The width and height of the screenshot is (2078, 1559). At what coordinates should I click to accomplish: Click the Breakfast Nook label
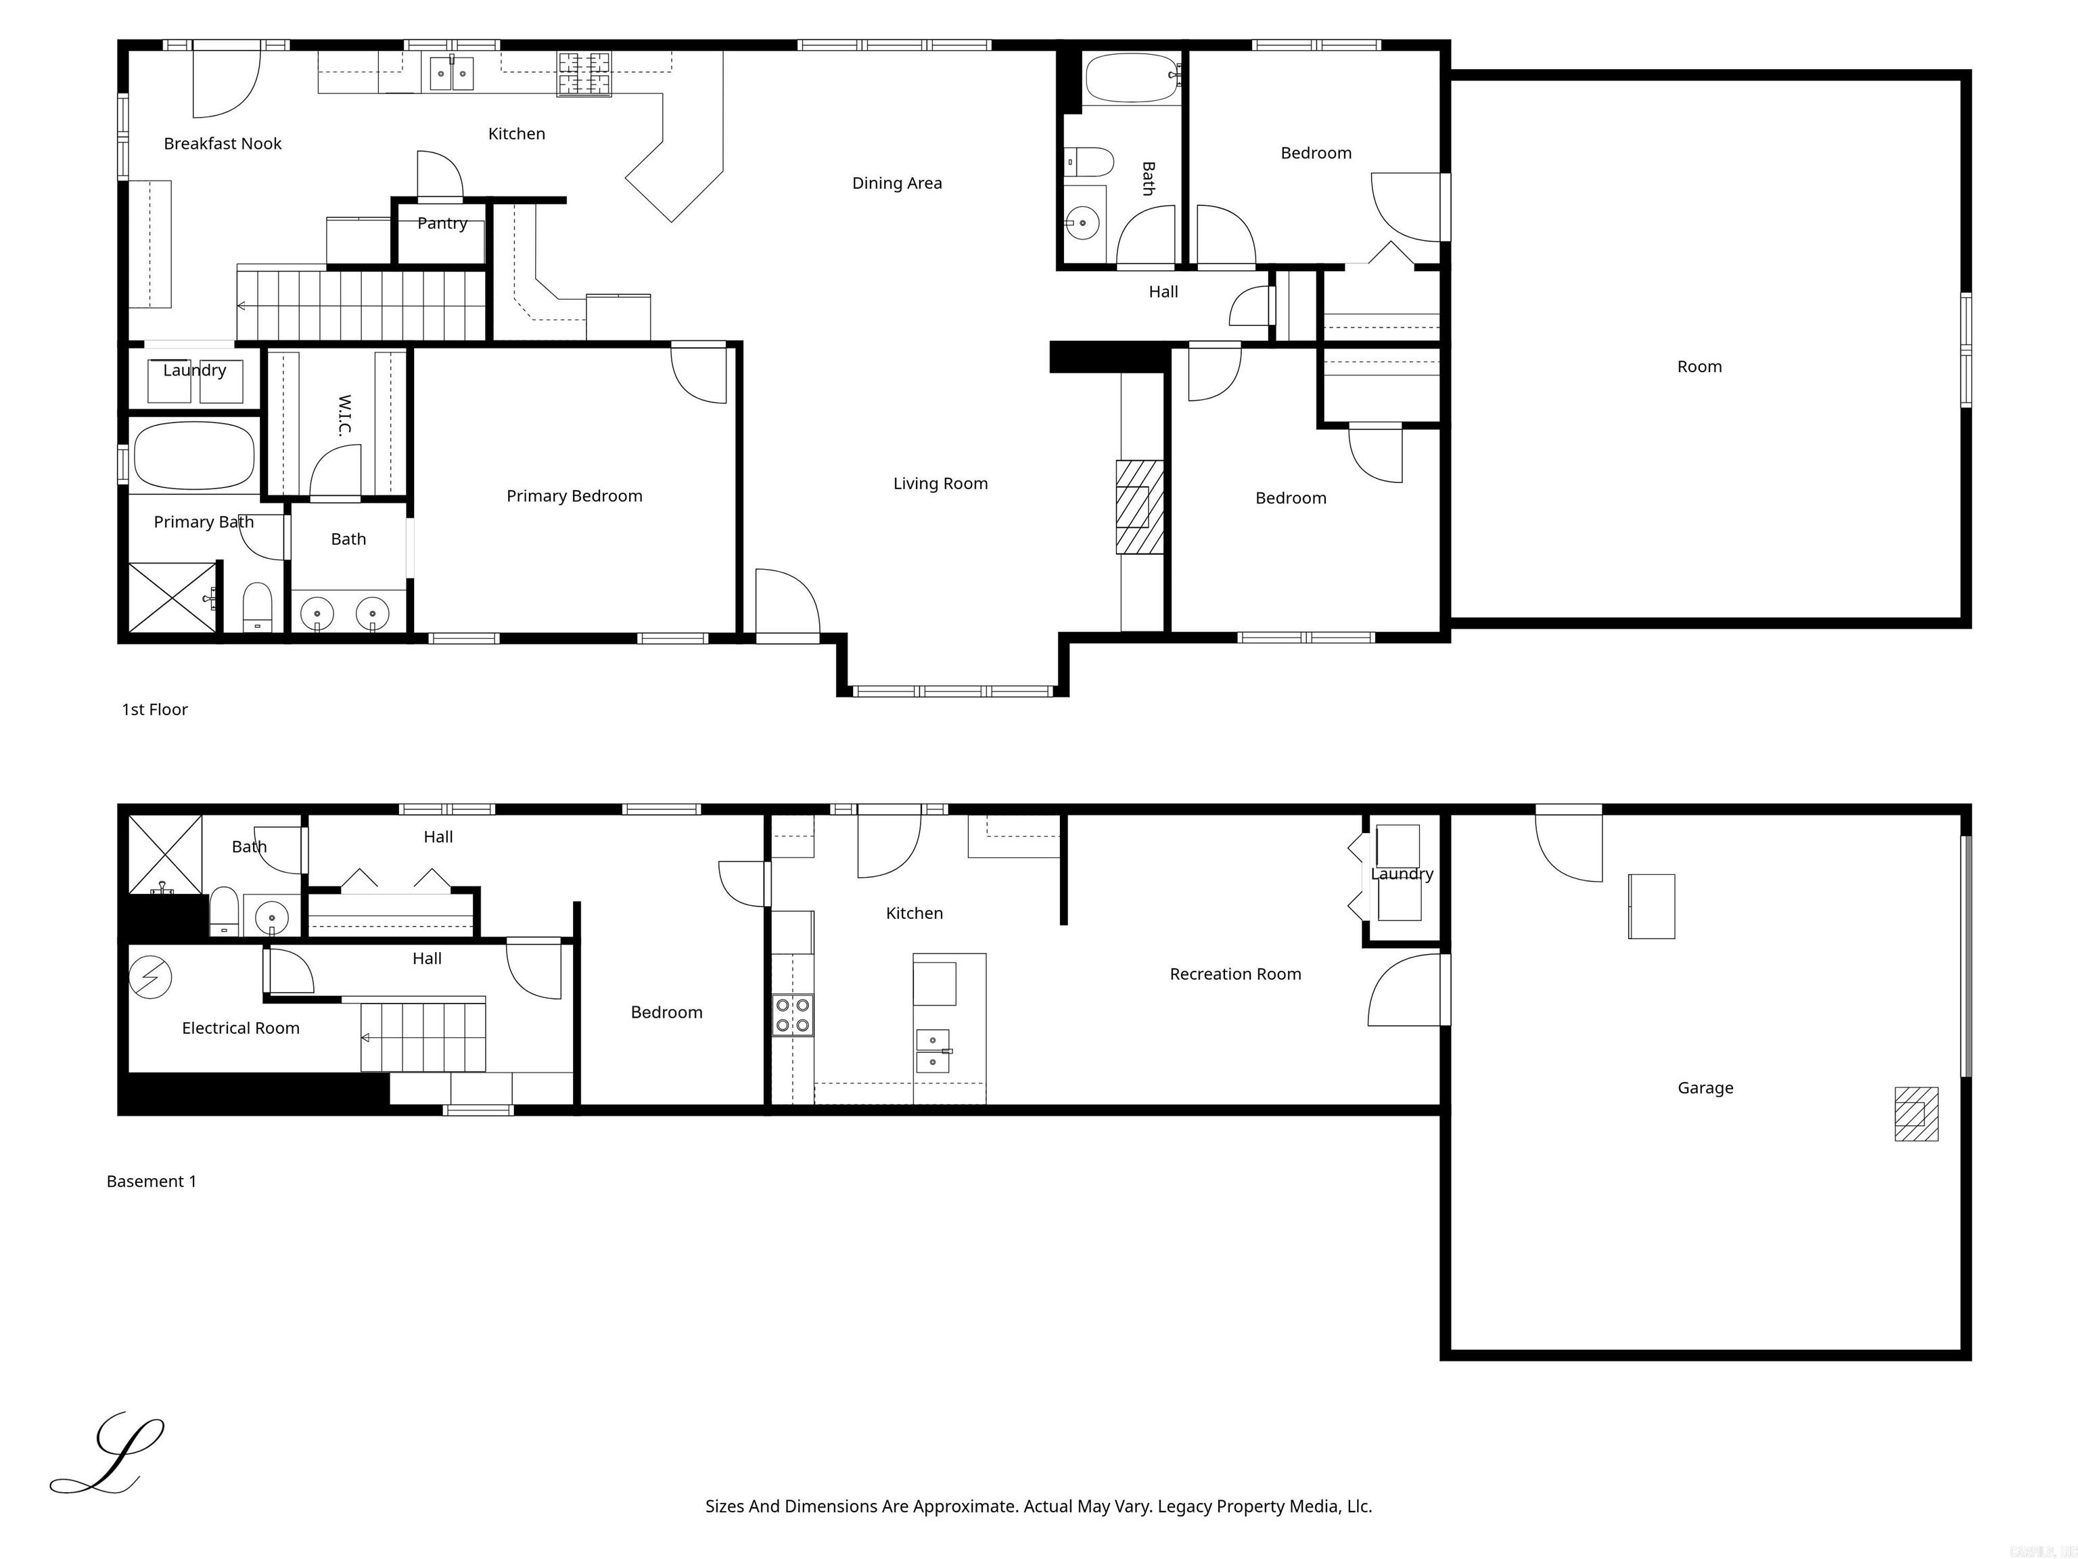(223, 143)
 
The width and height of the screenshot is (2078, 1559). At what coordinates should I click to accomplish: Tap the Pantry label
(442, 224)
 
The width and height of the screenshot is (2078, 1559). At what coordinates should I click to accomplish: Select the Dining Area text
(896, 183)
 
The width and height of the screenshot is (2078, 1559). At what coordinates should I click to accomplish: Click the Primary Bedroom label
(574, 496)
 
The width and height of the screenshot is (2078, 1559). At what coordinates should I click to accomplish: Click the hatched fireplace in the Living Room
(1138, 507)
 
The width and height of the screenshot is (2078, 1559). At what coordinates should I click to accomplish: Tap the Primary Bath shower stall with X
(172, 597)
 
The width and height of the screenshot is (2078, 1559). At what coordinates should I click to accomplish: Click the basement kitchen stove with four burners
(793, 1015)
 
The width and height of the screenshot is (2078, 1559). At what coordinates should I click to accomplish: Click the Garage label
(1705, 1088)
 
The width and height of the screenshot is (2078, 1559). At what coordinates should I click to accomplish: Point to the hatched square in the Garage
(1916, 1114)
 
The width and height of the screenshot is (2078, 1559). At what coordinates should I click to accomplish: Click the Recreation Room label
(1234, 974)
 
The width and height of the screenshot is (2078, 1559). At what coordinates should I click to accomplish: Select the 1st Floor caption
(155, 710)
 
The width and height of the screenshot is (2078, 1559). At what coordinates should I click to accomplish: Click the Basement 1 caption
(152, 1181)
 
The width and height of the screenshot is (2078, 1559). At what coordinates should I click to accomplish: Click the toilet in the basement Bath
(224, 911)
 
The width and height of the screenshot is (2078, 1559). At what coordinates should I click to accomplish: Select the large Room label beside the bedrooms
(1699, 367)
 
